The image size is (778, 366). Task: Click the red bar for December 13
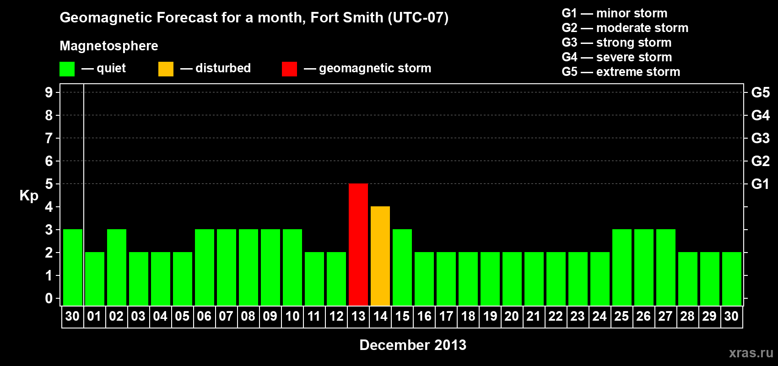(x=358, y=244)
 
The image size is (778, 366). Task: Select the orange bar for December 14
(x=380, y=256)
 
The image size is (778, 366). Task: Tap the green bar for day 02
(x=117, y=267)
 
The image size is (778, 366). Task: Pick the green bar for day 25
(x=622, y=267)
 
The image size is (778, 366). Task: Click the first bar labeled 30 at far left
(x=73, y=267)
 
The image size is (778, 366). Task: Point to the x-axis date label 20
(x=512, y=316)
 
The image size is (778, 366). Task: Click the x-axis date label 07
(x=226, y=316)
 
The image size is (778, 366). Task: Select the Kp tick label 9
(x=49, y=92)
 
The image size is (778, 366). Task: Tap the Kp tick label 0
(x=49, y=298)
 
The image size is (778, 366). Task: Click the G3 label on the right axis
(x=760, y=138)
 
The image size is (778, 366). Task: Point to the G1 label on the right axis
(x=760, y=184)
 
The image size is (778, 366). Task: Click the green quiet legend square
(x=67, y=69)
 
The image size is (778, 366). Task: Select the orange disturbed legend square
(x=166, y=69)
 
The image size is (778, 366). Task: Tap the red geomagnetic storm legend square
(x=289, y=69)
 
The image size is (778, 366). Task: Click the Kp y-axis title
(x=29, y=195)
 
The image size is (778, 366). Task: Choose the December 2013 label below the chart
(x=413, y=345)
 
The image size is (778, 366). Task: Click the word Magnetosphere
(x=109, y=46)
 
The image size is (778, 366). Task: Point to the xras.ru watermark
(x=751, y=353)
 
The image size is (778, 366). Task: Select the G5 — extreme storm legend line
(x=621, y=72)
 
